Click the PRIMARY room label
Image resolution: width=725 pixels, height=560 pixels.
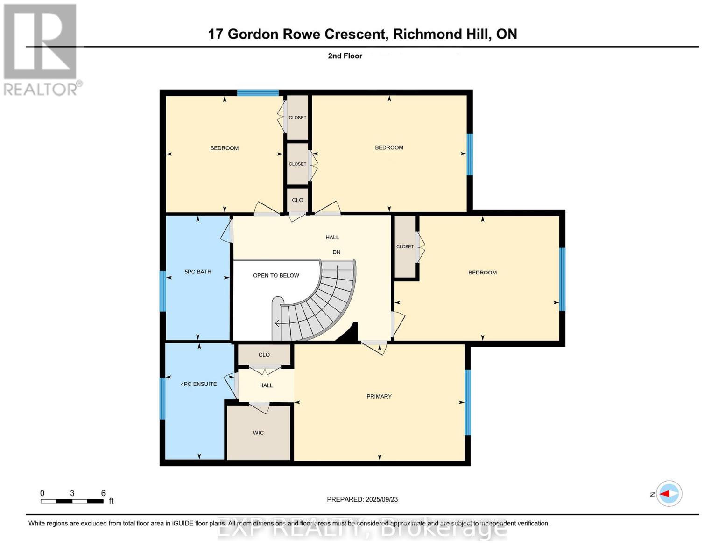tap(379, 396)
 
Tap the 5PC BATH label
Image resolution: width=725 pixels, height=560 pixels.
tap(198, 272)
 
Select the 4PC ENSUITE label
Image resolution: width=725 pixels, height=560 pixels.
tap(199, 384)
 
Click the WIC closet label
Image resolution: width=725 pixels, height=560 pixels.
tap(258, 433)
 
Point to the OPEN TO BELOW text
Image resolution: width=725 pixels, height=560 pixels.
tap(276, 275)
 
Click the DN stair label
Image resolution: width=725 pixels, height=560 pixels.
tap(336, 252)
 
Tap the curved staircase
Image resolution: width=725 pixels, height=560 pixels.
tap(322, 303)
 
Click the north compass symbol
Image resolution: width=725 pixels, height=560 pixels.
tap(669, 493)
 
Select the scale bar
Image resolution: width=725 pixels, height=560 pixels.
tap(72, 501)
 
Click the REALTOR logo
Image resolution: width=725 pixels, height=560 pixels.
tap(41, 49)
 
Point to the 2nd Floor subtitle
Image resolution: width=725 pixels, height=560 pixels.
tap(345, 56)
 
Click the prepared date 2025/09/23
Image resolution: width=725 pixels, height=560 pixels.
tap(381, 499)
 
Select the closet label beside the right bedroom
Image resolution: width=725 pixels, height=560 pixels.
tap(405, 246)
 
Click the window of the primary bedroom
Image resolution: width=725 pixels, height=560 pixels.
tap(467, 402)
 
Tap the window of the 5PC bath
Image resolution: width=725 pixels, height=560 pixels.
tap(162, 291)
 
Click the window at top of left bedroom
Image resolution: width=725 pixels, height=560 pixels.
tap(258, 92)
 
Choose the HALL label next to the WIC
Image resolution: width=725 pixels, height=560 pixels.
tap(266, 385)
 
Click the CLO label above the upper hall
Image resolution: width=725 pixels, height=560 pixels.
tap(297, 200)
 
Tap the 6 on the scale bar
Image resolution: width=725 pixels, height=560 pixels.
tap(103, 493)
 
